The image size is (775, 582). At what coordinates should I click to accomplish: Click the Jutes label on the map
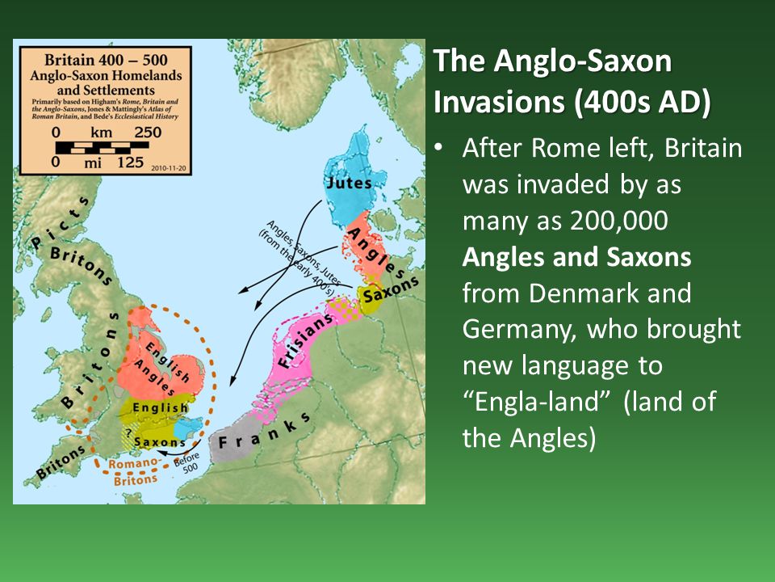349,183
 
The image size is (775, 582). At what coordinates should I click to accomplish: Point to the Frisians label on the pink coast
305,344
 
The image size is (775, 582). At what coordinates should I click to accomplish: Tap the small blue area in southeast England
190,429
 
